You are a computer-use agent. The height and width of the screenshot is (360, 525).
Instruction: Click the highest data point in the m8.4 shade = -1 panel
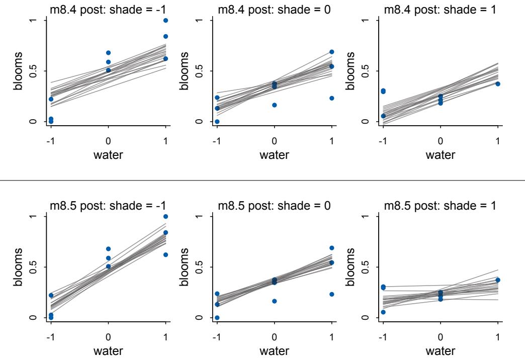coord(165,20)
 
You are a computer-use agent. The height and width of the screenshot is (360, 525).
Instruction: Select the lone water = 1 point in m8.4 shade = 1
coord(498,83)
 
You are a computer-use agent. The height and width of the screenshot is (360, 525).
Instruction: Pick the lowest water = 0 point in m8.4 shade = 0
coord(274,105)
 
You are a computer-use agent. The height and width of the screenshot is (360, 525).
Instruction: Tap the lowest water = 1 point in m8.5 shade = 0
coord(331,294)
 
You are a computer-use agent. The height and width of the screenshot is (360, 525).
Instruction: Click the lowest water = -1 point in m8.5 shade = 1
coord(383,312)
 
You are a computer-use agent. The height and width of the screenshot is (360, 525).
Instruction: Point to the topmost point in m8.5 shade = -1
coord(165,216)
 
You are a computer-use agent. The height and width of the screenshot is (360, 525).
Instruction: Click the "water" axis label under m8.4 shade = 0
coord(274,155)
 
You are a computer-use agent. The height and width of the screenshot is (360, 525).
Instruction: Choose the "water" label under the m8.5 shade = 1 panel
coord(440,351)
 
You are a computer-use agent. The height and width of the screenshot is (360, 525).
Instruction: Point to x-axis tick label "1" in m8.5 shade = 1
coord(498,336)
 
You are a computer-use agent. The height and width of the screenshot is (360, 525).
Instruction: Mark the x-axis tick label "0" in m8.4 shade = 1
coord(441,140)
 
